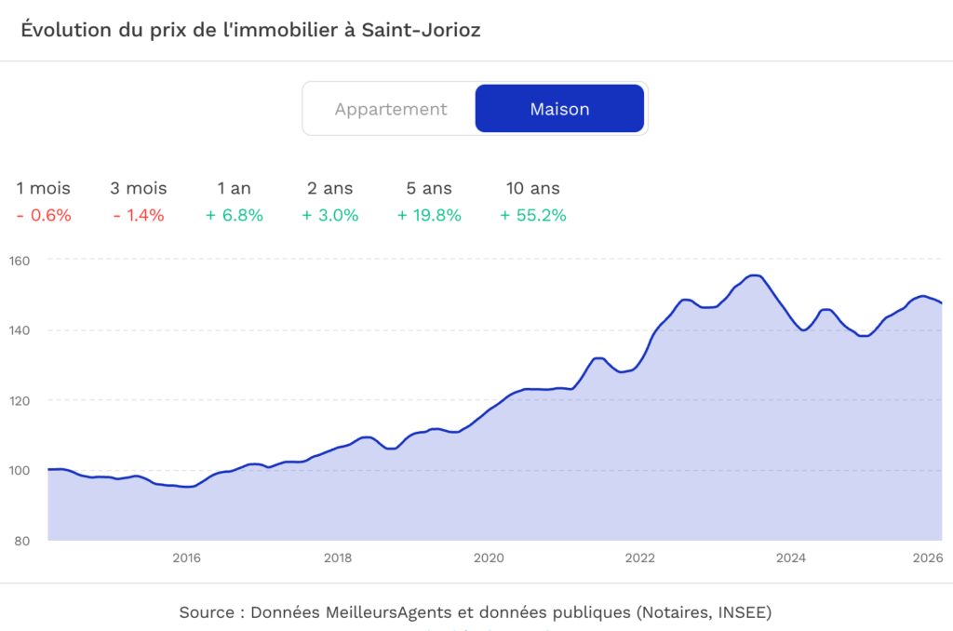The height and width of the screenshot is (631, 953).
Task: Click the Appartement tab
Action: [x=391, y=109]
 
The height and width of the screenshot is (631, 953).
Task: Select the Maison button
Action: [x=559, y=109]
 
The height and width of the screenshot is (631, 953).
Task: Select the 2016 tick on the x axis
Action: [x=187, y=558]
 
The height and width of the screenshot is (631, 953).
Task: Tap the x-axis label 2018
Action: [x=338, y=558]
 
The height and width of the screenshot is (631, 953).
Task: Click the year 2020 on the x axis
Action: [x=489, y=558]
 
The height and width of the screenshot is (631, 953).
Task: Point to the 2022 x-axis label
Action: [x=640, y=558]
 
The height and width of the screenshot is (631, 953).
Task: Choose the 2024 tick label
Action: [x=791, y=558]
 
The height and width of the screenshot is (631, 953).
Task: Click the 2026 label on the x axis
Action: [x=928, y=558]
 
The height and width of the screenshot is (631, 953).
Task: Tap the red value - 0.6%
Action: [x=44, y=216]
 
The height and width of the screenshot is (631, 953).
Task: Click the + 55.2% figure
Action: [x=533, y=216]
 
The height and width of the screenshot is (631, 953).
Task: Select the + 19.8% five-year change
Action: [x=429, y=216]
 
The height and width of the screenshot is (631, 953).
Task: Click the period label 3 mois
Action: [x=138, y=188]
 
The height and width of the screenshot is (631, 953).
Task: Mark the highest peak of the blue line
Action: [x=755, y=275]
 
